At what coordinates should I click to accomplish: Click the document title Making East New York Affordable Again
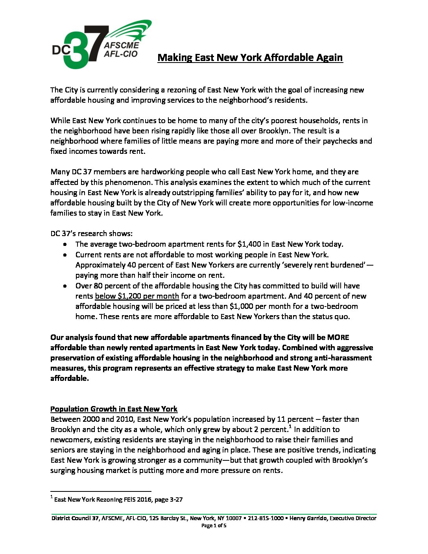click(250, 57)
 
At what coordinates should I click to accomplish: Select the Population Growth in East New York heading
click(114, 409)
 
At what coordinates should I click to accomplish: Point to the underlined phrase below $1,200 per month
click(137, 296)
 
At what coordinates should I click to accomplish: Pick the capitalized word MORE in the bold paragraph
click(338, 337)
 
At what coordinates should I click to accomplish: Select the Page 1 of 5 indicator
click(214, 526)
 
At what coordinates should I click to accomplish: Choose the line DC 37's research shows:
click(91, 233)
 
